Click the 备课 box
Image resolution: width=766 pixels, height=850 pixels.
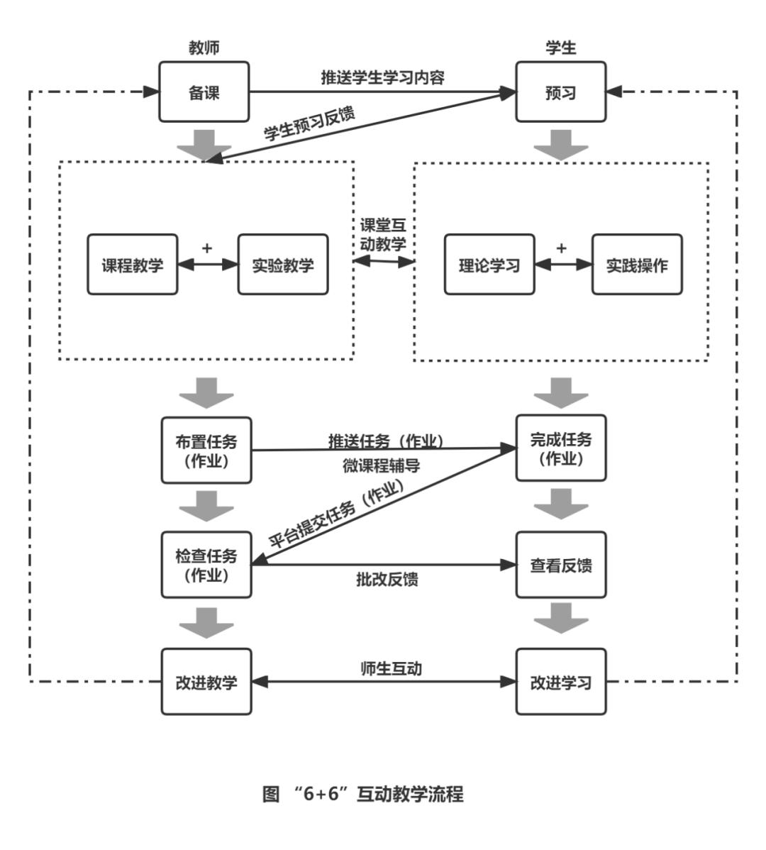tap(204, 92)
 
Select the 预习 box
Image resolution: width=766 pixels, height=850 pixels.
tap(560, 92)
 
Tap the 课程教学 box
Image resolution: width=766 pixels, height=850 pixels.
tap(133, 265)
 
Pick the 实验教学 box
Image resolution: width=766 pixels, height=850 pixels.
tap(283, 265)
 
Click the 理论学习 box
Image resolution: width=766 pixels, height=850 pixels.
tap(489, 265)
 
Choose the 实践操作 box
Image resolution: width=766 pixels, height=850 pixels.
tap(637, 265)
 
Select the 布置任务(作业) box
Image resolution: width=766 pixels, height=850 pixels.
tap(206, 451)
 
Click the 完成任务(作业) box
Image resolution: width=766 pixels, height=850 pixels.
tap(560, 448)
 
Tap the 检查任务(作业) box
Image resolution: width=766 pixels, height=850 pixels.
tap(206, 565)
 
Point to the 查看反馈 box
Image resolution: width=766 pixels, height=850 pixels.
tap(560, 565)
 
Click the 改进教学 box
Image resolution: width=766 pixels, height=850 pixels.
tap(206, 682)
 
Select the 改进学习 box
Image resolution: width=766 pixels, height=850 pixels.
tap(560, 682)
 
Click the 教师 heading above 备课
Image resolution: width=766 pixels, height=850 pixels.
tap(204, 48)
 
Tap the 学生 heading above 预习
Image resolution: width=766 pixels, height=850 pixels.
tap(560, 48)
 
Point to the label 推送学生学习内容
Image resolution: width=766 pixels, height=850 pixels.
tap(382, 77)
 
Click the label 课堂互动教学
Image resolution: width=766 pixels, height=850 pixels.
tap(383, 235)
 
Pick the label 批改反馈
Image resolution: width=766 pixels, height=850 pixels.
tap(387, 580)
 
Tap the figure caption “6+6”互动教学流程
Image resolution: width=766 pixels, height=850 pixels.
tap(363, 793)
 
